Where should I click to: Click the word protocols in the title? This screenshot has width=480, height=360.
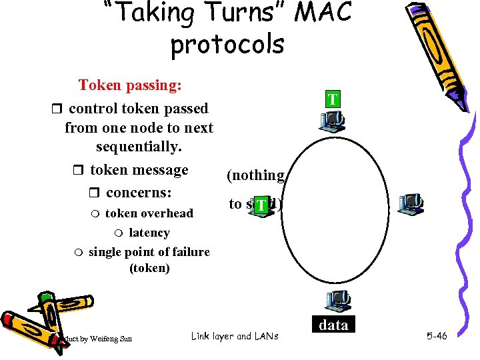click(227, 44)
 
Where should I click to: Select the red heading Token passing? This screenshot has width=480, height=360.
click(131, 85)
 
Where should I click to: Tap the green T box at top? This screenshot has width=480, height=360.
click(332, 100)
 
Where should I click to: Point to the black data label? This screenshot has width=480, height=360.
click(333, 325)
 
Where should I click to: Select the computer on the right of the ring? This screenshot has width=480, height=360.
click(410, 204)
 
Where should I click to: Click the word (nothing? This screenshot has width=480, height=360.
click(256, 175)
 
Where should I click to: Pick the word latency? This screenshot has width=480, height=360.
click(149, 233)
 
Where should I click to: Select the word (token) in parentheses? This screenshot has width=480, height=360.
click(149, 268)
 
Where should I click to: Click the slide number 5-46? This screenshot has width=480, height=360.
click(436, 336)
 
